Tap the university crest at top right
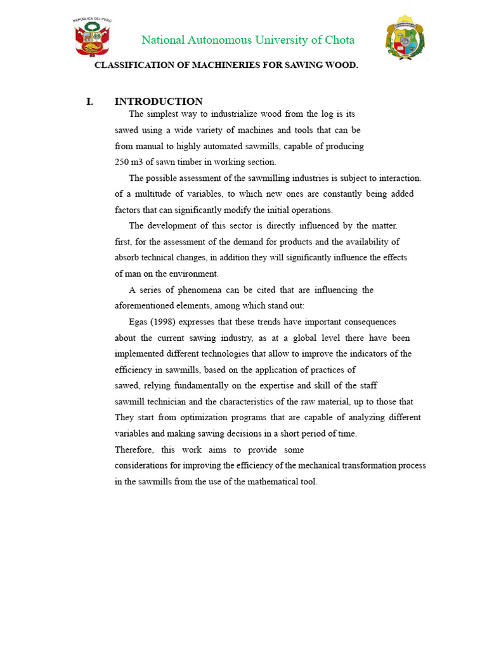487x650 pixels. pyautogui.click(x=405, y=38)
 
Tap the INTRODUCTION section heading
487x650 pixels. pyautogui.click(x=159, y=102)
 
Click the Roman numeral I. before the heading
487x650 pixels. pyautogui.click(x=90, y=102)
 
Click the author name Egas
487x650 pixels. pyautogui.click(x=139, y=322)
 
